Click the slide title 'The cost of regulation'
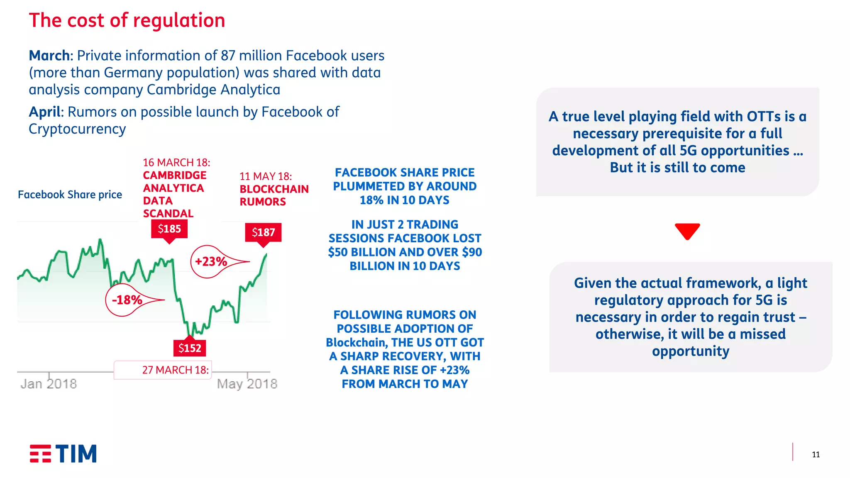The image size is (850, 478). click(127, 20)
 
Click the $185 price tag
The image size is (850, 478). click(169, 229)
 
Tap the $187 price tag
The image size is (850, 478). click(263, 232)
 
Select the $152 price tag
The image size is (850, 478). click(190, 348)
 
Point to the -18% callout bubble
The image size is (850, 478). click(127, 300)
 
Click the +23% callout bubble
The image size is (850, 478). click(211, 262)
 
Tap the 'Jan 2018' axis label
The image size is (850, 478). click(49, 384)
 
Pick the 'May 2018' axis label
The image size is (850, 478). click(247, 384)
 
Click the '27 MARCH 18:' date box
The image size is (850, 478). click(175, 370)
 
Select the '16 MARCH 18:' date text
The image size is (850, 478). click(176, 163)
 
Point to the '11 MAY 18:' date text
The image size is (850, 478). click(266, 176)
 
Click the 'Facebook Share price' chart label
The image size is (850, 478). click(70, 195)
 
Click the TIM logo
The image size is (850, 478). click(63, 454)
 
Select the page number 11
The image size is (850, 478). click(816, 455)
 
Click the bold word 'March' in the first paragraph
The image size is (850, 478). click(49, 56)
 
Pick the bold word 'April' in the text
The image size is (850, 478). click(45, 112)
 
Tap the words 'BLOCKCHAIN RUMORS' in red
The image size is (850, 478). click(274, 195)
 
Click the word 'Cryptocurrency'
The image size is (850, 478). click(77, 129)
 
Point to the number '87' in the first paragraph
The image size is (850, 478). click(228, 56)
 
